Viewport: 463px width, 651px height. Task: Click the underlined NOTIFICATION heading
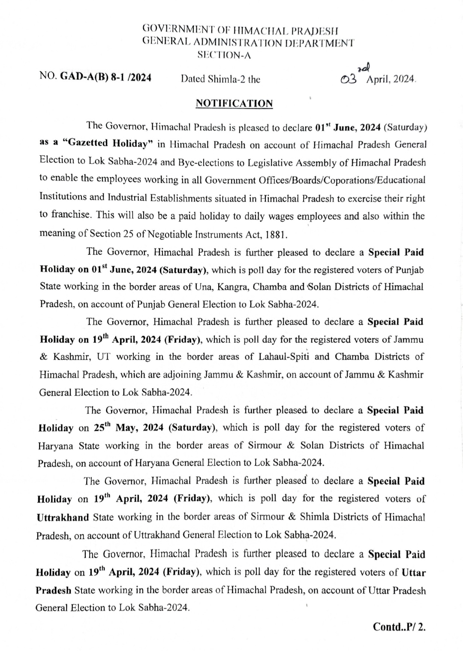click(x=234, y=104)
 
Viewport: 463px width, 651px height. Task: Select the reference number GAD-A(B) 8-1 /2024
click(x=105, y=78)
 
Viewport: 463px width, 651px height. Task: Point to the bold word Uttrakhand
click(x=63, y=517)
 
